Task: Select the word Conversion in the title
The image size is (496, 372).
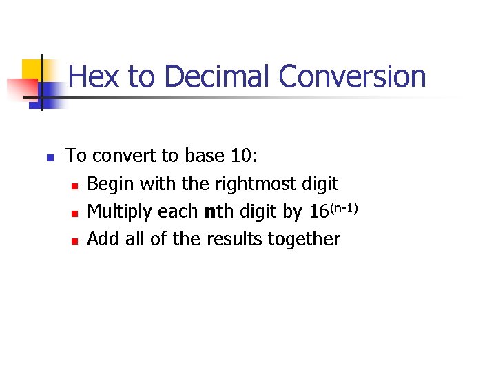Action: coord(353,76)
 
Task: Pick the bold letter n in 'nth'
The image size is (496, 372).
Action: coord(209,212)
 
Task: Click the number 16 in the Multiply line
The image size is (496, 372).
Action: coord(318,212)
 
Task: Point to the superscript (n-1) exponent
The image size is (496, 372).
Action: coord(343,205)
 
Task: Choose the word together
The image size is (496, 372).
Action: coord(309,240)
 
